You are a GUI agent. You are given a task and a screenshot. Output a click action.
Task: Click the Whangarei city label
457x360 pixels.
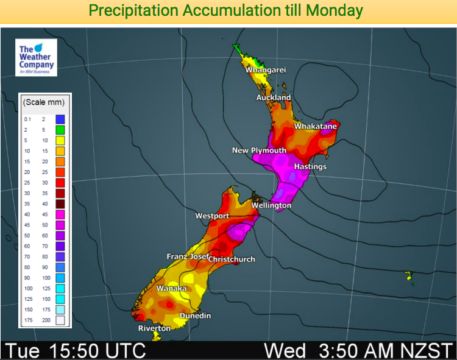266,70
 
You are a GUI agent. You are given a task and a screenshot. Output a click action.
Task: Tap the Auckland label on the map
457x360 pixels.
274,97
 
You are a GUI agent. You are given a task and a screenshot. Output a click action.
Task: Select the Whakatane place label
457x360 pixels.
315,126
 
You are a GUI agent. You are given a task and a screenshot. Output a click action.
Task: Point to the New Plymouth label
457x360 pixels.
259,150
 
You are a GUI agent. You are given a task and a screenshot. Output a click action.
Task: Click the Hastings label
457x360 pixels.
310,166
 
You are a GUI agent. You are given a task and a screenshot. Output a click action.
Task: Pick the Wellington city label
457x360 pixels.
271,205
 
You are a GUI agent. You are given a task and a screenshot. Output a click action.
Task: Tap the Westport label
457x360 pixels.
212,216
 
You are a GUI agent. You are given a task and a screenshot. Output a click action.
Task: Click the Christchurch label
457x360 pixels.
232,259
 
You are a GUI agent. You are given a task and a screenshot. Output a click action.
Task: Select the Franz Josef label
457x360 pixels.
186,256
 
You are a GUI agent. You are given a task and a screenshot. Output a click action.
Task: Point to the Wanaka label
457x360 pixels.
171,288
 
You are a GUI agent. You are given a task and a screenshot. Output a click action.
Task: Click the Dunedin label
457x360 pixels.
195,316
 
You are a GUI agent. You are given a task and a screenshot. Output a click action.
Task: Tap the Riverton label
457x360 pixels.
155,328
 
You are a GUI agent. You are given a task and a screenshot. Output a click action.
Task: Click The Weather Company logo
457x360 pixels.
37,58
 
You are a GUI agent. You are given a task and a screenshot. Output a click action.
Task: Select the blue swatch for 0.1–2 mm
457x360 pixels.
60,119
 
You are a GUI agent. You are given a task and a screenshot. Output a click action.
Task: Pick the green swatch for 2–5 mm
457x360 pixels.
60,130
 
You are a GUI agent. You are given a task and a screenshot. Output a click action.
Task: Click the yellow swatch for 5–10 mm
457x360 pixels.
60,140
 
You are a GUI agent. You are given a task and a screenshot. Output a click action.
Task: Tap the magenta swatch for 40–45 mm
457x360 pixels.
60,214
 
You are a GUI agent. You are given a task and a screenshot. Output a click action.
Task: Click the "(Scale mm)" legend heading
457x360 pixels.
43,102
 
